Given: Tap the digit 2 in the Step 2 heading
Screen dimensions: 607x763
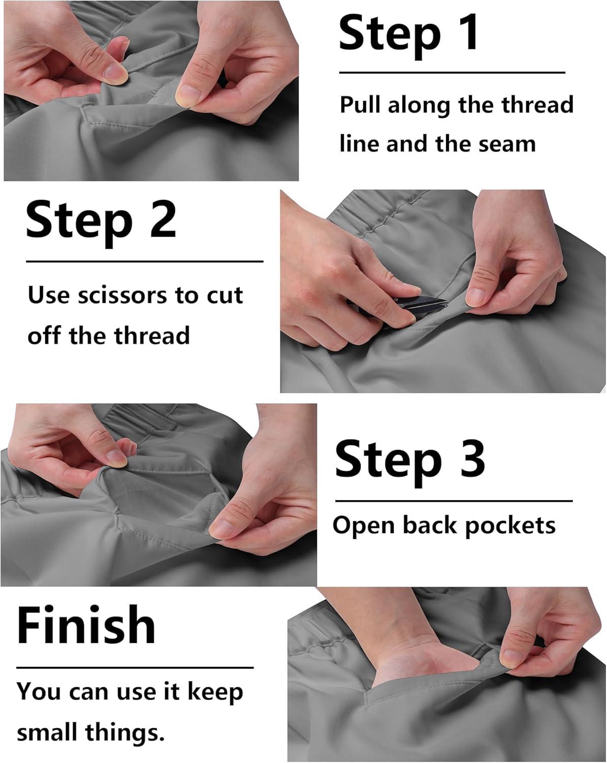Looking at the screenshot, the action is [x=163, y=219].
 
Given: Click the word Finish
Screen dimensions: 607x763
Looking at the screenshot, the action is [x=86, y=624].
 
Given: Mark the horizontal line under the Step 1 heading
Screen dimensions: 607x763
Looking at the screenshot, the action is [x=452, y=73].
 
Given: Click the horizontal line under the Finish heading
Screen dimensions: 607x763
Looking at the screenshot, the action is [x=135, y=667].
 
